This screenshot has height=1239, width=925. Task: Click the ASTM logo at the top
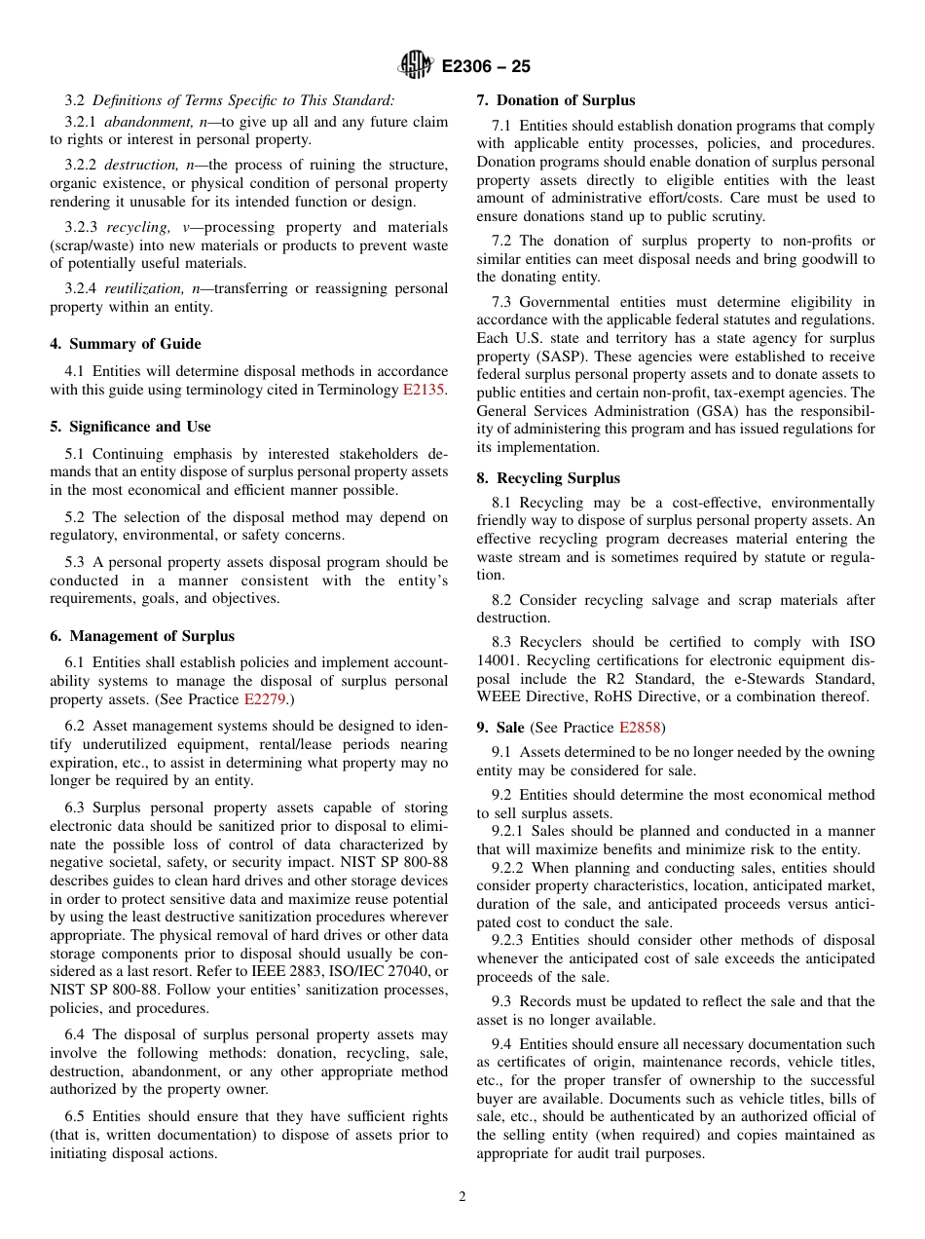point(417,66)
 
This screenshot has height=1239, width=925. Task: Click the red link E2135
point(424,390)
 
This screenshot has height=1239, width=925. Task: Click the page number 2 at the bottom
point(462,1197)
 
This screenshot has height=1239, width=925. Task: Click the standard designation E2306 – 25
point(486,67)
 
